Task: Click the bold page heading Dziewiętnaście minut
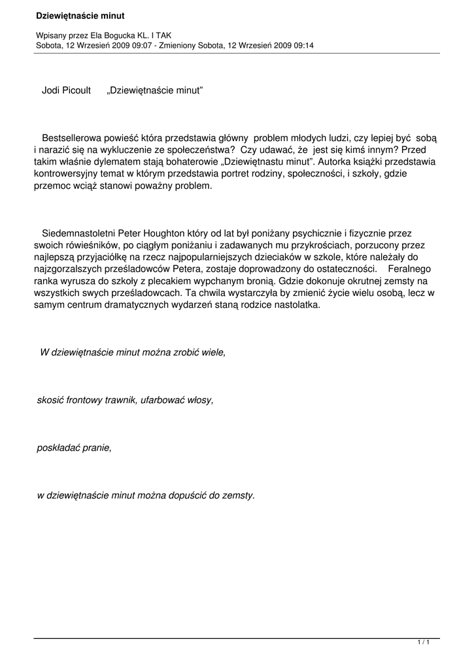point(80,15)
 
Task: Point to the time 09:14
point(303,45)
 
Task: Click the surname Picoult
point(76,91)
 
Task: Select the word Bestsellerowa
point(72,138)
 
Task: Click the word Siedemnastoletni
point(77,233)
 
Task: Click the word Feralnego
point(409,269)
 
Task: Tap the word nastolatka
point(298,304)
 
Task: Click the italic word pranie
point(95,448)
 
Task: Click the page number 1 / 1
point(424,644)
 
